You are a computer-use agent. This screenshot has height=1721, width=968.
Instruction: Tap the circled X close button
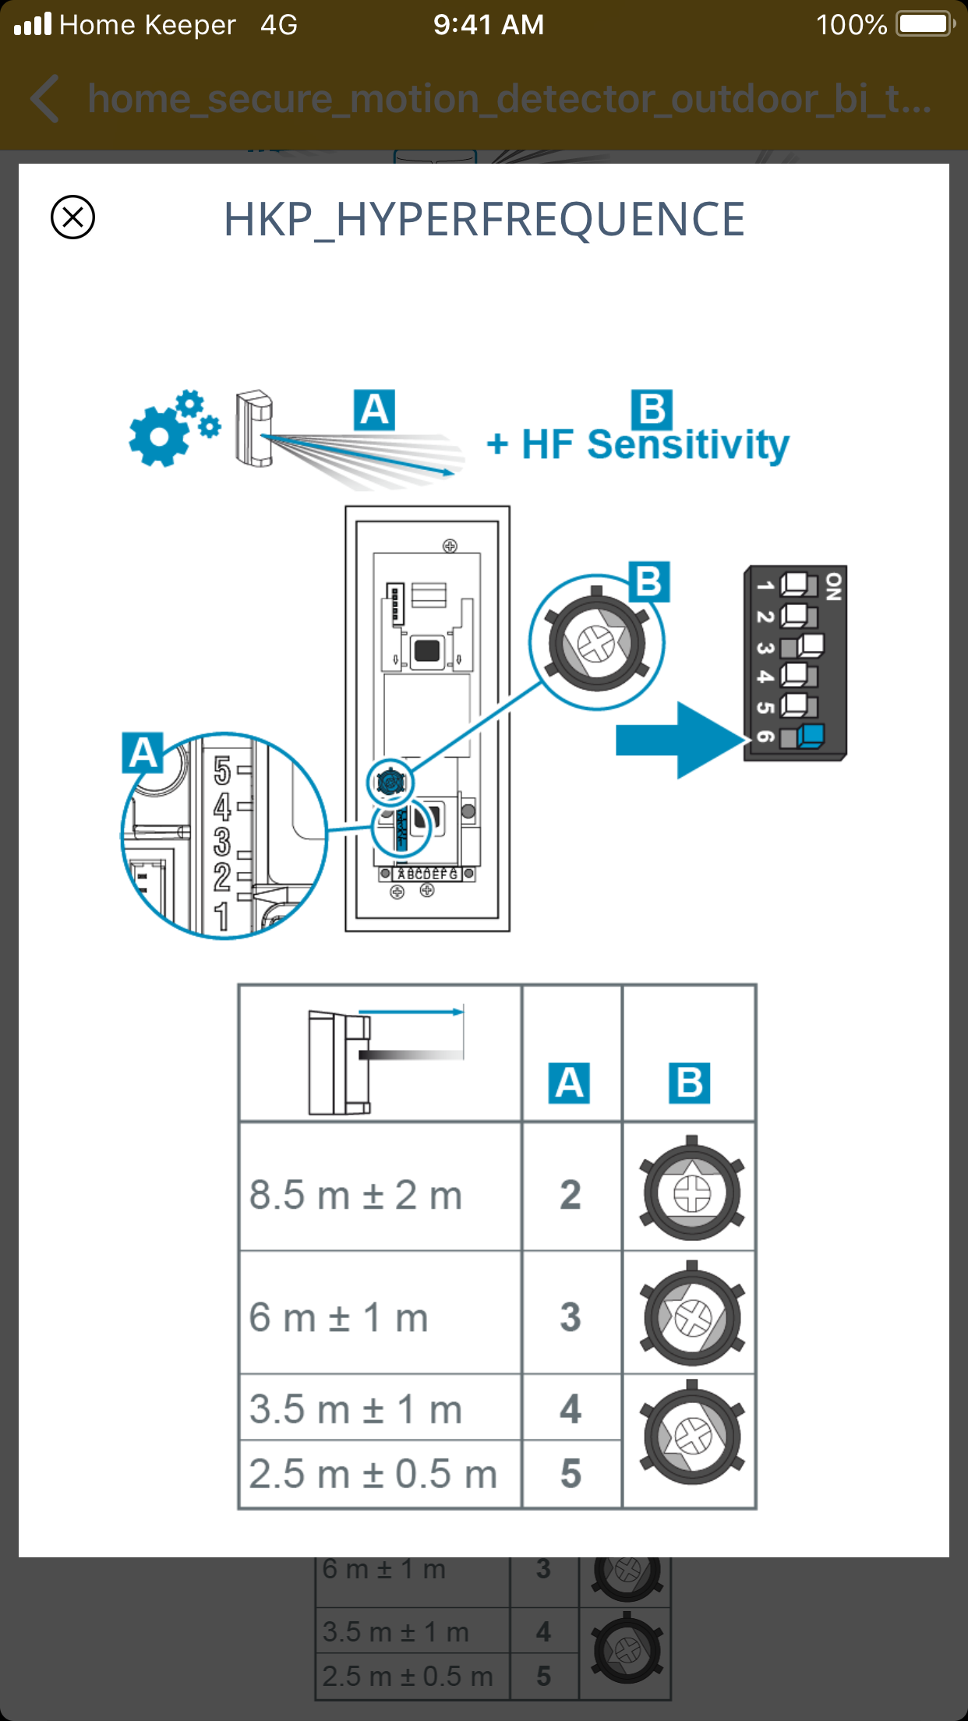[x=72, y=217]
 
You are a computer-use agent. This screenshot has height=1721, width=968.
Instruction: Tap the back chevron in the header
[x=46, y=99]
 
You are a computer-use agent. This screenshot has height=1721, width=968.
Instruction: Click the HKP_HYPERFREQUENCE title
[x=484, y=219]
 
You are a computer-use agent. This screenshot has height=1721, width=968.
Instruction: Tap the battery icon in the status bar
[x=924, y=24]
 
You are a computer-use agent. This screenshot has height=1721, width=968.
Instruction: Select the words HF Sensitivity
[x=655, y=445]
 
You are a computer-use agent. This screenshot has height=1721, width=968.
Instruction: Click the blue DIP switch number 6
[x=811, y=734]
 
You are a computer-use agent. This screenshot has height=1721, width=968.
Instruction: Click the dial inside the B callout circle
[x=596, y=643]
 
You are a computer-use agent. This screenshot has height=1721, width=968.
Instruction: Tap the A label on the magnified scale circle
[x=143, y=753]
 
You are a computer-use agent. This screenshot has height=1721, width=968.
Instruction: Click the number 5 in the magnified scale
[x=222, y=771]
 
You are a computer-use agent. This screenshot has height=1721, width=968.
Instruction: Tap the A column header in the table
[x=569, y=1083]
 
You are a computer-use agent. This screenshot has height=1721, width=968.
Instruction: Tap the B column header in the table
[x=690, y=1083]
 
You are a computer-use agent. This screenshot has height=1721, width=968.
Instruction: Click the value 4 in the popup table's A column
[x=571, y=1409]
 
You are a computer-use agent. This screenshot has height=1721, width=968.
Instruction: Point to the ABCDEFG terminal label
[x=427, y=874]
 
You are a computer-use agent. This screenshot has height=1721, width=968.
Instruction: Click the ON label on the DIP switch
[x=833, y=586]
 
